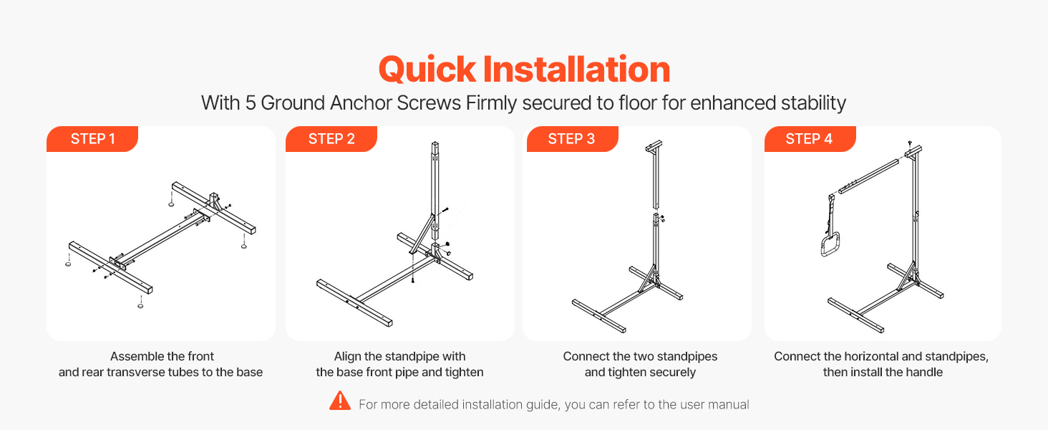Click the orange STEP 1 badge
[92, 138]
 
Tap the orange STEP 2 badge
[331, 138]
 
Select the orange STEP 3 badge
[572, 138]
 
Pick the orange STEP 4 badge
[810, 138]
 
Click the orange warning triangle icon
[340, 401]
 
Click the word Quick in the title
[427, 70]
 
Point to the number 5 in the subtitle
[251, 103]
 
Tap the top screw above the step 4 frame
[910, 143]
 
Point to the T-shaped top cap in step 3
[654, 146]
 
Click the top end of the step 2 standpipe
[435, 143]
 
